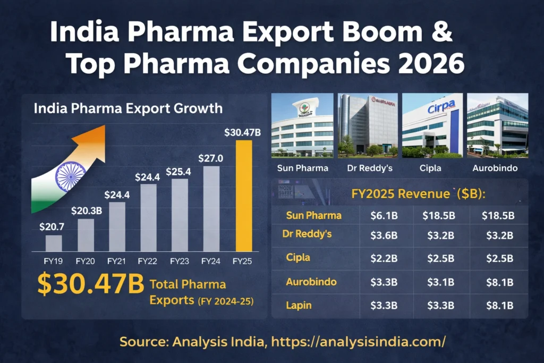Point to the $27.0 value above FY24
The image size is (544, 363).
click(x=211, y=158)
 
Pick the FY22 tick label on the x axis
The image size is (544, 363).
click(x=147, y=261)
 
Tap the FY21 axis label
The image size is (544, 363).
click(x=116, y=261)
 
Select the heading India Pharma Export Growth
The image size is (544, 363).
click(x=128, y=109)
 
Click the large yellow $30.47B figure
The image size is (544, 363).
click(x=90, y=285)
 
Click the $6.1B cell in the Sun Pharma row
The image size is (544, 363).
click(x=384, y=215)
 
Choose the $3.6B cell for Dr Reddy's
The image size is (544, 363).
click(x=384, y=236)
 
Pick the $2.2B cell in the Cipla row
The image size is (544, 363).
click(x=384, y=258)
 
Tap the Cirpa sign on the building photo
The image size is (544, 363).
click(x=441, y=107)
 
